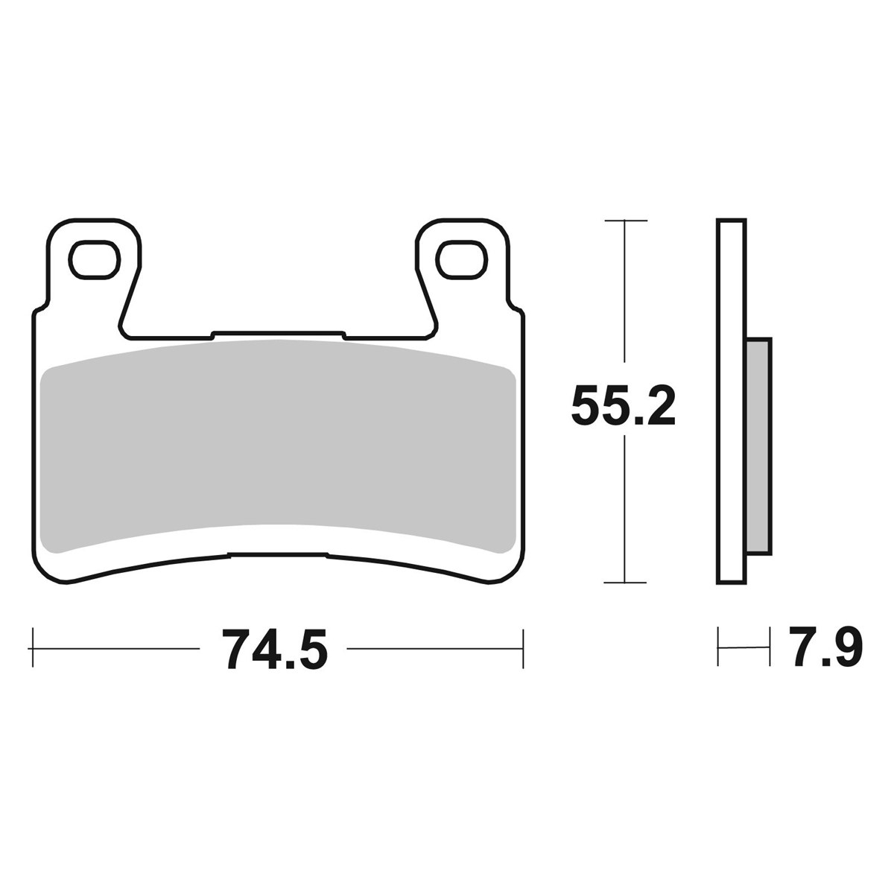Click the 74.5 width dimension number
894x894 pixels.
[x=275, y=649]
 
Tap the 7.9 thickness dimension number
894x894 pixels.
[x=825, y=647]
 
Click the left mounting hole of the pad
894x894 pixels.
[x=95, y=260]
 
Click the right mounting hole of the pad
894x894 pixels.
[x=462, y=260]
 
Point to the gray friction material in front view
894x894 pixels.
[x=278, y=446]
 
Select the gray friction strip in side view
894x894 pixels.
[x=758, y=446]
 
